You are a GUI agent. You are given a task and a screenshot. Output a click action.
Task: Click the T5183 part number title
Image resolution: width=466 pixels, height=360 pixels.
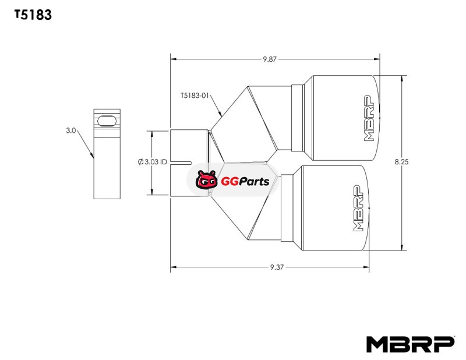[x=33, y=15]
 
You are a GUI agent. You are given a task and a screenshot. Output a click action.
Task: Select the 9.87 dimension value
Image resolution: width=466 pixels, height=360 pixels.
[x=270, y=59]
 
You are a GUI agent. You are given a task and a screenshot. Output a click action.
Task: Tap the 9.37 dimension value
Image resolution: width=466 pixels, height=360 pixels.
[x=277, y=267]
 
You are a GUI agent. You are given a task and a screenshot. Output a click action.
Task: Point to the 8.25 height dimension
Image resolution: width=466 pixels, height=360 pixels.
[x=401, y=162]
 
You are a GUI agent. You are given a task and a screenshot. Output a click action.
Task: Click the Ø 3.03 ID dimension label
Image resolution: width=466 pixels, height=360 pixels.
[x=153, y=162]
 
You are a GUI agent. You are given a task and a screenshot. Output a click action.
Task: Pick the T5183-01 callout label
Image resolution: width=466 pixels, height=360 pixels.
[x=195, y=96]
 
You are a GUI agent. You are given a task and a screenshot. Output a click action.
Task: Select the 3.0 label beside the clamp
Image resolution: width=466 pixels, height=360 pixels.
[x=71, y=130]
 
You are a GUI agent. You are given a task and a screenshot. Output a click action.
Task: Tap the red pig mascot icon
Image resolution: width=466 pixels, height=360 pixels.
[x=206, y=179]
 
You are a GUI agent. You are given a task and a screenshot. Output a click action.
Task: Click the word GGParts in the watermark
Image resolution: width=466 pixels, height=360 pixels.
[x=245, y=181]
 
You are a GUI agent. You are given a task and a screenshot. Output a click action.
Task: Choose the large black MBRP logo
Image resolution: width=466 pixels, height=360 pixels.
[x=411, y=344]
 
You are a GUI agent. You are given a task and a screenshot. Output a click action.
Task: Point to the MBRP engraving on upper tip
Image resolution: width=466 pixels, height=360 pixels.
[x=369, y=118]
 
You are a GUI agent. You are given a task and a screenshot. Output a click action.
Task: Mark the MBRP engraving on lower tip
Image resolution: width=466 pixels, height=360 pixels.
[x=358, y=208]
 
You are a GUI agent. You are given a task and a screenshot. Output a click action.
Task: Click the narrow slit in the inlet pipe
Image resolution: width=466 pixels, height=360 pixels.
[x=181, y=163]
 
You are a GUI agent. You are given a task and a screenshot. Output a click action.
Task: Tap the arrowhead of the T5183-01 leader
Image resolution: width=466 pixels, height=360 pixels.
[x=221, y=114]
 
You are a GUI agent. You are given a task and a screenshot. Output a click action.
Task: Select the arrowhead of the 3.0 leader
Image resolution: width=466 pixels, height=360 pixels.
[x=93, y=155]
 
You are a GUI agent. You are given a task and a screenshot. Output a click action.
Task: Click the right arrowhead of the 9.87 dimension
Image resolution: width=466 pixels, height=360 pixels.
[x=376, y=59]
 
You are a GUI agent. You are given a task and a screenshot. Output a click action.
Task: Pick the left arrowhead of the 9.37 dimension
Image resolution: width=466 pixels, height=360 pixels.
[x=174, y=267]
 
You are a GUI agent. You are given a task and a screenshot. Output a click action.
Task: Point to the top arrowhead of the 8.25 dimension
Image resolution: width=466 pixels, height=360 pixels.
[x=402, y=79]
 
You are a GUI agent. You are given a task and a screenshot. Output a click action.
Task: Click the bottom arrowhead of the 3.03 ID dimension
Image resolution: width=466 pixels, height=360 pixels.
[x=152, y=192]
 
